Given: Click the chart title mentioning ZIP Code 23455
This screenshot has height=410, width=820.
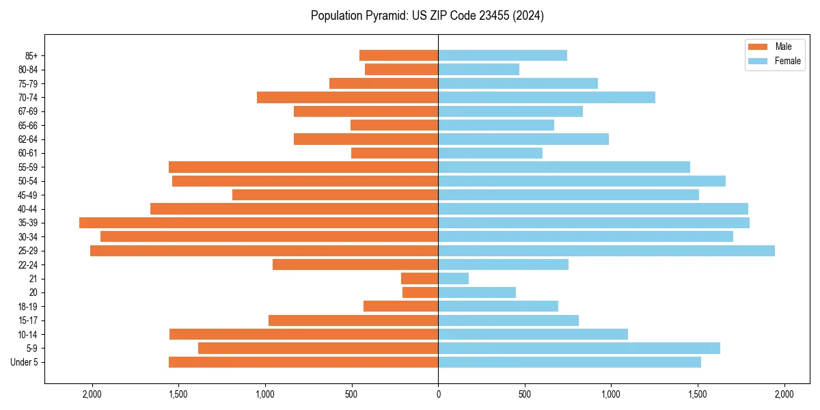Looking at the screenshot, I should click(x=427, y=16).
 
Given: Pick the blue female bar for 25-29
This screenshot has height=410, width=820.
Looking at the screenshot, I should click(x=606, y=251).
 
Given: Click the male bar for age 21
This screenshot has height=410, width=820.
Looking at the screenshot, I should click(x=420, y=279).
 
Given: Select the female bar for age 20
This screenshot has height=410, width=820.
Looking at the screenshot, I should click(x=477, y=292).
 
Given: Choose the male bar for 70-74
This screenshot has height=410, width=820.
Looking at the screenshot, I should click(x=347, y=97).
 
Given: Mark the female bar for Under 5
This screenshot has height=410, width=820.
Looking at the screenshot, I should click(x=569, y=362).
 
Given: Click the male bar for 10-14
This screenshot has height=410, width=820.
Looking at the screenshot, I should click(x=303, y=334).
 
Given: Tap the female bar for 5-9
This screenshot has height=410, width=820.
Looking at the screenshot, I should click(x=579, y=348).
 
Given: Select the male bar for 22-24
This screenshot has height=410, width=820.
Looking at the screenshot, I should click(x=355, y=264).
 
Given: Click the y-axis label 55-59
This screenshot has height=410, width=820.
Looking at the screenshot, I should click(x=28, y=167).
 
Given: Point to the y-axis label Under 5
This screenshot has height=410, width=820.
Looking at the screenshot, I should click(x=25, y=362).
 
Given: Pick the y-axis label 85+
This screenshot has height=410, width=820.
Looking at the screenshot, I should click(x=31, y=55).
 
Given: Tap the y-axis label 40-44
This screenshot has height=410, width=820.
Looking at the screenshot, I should click(x=28, y=209).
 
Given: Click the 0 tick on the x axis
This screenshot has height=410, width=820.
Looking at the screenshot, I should click(x=438, y=394).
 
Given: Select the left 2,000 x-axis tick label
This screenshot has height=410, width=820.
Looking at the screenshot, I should click(x=92, y=394).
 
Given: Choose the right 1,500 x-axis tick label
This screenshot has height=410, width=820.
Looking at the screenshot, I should click(x=698, y=394).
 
